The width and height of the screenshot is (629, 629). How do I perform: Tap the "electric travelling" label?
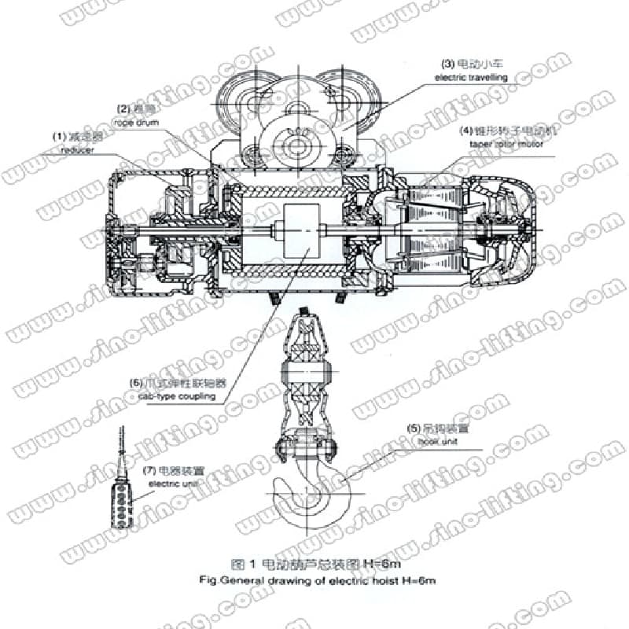[x=471, y=78]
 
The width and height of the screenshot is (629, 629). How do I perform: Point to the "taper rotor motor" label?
[x=502, y=144]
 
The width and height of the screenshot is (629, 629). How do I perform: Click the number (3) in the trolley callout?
[x=447, y=63]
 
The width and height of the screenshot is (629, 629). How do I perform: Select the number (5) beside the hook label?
[x=413, y=429]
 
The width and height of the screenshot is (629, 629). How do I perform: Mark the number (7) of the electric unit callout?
[x=149, y=470]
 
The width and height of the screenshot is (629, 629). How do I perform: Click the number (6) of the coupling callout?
[x=137, y=384]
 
